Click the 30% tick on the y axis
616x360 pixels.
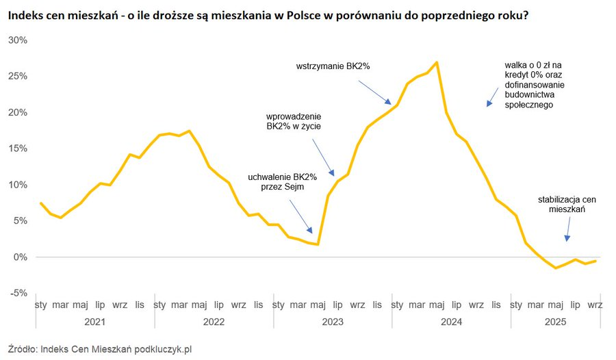tap(18, 40)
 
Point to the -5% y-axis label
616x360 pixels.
tap(18, 293)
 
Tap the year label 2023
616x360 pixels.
tap(332, 321)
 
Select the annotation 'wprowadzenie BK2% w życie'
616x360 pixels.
tap(294, 121)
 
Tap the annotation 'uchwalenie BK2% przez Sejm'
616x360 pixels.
tap(277, 181)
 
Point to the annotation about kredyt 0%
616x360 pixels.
tap(529, 86)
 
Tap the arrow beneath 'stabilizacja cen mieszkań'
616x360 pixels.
tap(568, 230)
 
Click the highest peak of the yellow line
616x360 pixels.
tap(437, 62)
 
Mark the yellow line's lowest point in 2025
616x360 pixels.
tap(556, 268)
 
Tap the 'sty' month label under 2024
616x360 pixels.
tap(397, 305)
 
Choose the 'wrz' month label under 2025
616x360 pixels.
tap(595, 305)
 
